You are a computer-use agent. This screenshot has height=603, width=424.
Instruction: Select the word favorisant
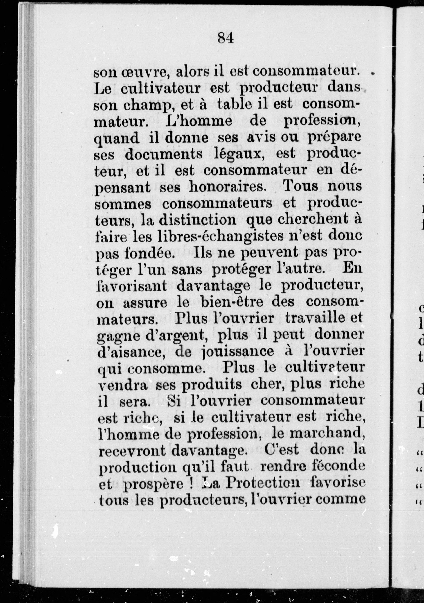tap(131, 286)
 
